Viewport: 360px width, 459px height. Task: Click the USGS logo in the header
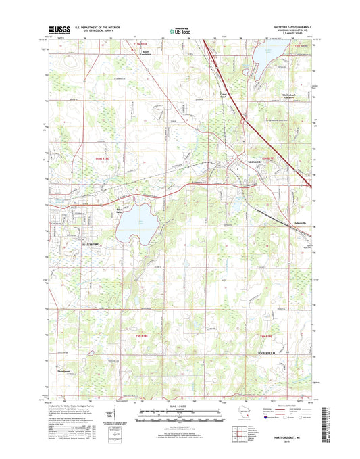coord(59,30)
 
